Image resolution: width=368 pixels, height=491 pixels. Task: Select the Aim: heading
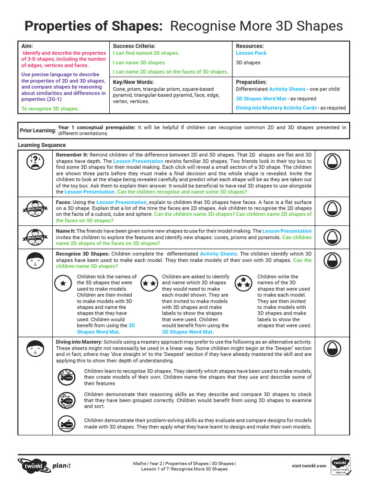tap(27, 46)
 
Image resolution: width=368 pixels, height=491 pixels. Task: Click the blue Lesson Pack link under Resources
tap(251, 53)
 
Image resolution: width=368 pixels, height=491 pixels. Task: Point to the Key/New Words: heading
tap(133, 82)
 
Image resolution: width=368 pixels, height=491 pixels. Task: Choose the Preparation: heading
tap(251, 82)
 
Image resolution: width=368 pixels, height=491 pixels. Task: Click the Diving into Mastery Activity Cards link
tap(276, 108)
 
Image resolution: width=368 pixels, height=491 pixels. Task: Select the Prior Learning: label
tap(37, 130)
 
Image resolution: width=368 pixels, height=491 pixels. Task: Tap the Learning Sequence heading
tap(42, 145)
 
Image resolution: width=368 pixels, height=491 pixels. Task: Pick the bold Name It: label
tap(66, 231)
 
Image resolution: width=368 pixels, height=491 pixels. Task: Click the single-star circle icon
tap(63, 283)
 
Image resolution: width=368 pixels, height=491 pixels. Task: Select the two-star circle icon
tap(149, 283)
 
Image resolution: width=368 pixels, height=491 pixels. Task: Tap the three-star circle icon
tap(244, 282)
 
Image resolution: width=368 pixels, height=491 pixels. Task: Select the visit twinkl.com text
tap(309, 466)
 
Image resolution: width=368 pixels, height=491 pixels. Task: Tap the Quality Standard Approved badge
tap(341, 466)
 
